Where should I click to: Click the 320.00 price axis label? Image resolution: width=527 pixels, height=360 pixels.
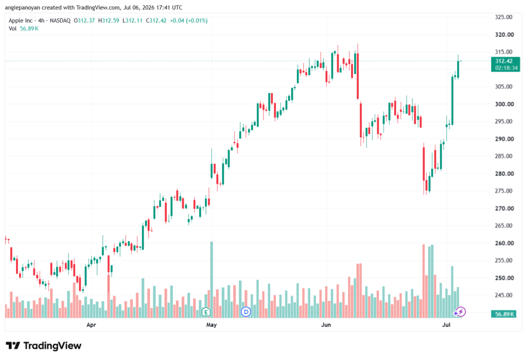[504, 35]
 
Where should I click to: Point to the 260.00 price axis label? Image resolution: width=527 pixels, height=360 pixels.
[504, 243]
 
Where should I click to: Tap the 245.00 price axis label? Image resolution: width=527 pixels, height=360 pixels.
[503, 296]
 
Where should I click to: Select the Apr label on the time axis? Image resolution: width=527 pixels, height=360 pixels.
[91, 325]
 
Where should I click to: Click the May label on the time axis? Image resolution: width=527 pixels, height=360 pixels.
[212, 325]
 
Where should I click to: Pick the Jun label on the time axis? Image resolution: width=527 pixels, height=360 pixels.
[326, 325]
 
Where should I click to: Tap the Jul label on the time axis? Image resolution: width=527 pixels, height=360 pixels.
[446, 325]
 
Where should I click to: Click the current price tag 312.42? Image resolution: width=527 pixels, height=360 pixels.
[504, 61]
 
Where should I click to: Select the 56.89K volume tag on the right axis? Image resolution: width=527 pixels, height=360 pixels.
[503, 314]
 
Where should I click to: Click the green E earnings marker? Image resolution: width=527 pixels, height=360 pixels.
[206, 312]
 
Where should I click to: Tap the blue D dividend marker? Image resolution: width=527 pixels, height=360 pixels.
[246, 312]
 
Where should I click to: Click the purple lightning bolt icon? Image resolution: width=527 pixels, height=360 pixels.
[461, 312]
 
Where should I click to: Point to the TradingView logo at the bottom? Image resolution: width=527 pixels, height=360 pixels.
[44, 346]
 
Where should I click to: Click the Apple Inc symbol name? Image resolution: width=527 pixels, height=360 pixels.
[21, 21]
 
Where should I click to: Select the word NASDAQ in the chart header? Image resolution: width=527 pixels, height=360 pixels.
[60, 21]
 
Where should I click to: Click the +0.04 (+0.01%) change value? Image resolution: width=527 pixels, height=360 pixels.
[188, 21]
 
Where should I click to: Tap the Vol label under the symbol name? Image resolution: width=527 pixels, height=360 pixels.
[12, 29]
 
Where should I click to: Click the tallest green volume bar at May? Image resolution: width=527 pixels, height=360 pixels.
[212, 280]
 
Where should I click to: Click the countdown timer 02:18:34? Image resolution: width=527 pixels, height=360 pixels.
[506, 68]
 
